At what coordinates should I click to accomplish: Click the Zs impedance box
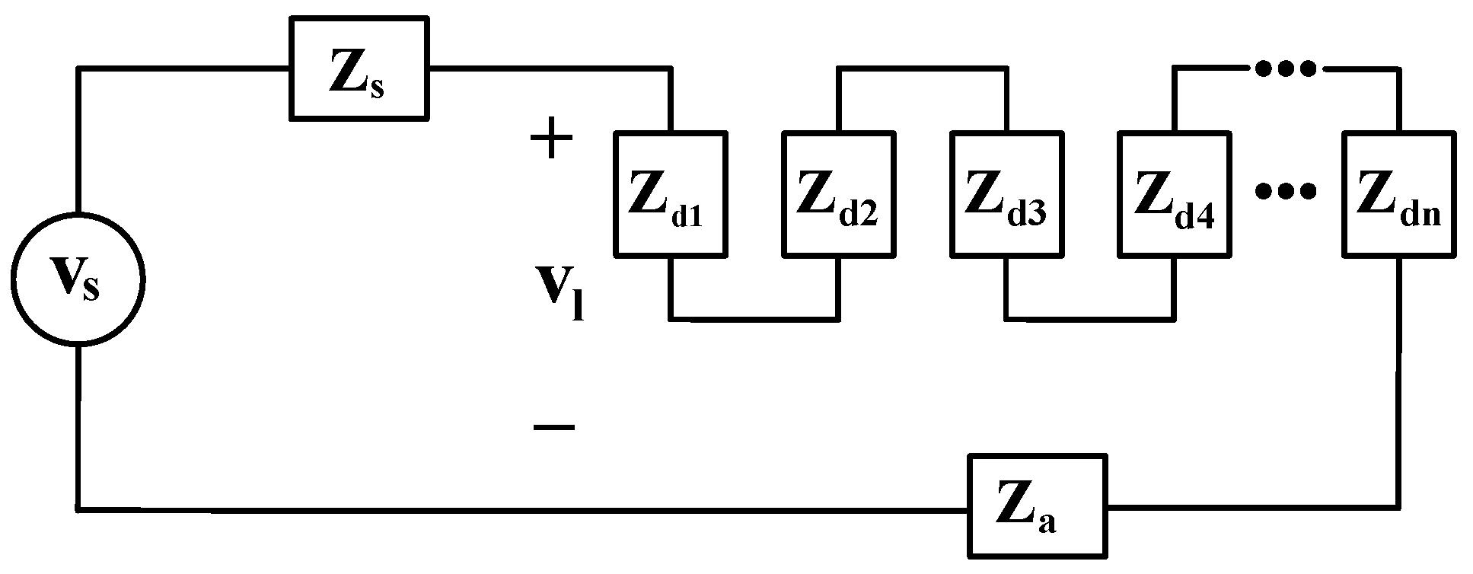pos(359,69)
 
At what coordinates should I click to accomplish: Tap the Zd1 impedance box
pos(671,193)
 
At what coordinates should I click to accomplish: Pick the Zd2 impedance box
pos(840,193)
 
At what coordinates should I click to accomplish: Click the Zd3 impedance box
pos(1007,193)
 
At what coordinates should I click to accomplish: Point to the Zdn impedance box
pos(1399,193)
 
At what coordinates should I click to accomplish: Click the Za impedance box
pos(1037,507)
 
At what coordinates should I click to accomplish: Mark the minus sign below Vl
pos(553,428)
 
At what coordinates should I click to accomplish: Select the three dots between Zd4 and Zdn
pos(1285,192)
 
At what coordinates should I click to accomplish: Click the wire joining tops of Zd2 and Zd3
pos(923,69)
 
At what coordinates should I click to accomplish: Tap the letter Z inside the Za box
pos(1020,503)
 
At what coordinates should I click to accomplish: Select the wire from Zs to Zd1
pos(548,69)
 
